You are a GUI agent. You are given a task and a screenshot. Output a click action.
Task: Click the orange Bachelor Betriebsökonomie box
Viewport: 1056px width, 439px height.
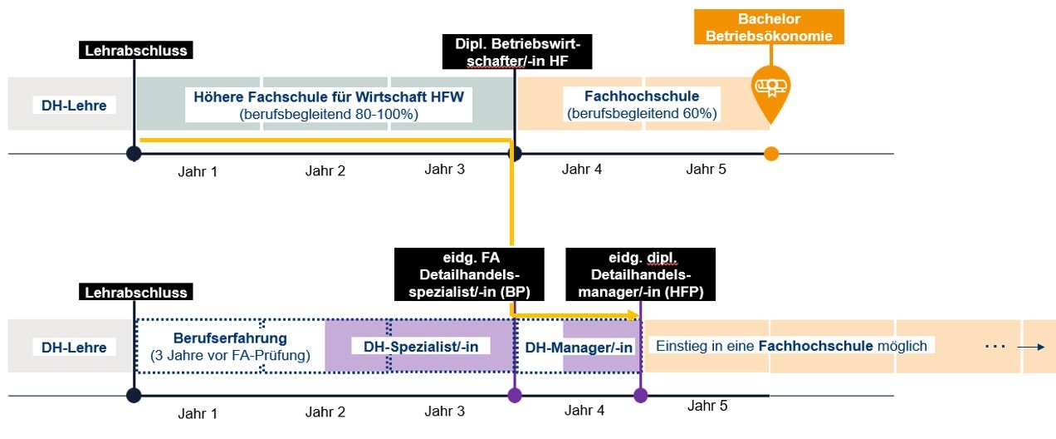coord(772,27)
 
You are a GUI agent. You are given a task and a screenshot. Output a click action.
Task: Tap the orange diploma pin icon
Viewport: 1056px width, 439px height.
coord(771,86)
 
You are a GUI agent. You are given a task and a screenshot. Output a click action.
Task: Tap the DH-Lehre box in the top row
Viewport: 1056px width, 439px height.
coord(74,105)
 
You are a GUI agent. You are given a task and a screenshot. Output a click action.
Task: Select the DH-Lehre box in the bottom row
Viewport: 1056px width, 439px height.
coord(74,347)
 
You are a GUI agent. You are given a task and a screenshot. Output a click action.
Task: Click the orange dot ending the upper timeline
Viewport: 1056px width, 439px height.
coord(771,153)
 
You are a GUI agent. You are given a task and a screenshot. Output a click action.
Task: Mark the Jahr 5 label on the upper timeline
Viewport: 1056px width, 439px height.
coord(706,170)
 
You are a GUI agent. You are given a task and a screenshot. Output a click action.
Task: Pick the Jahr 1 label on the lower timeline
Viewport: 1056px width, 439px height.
coord(198,411)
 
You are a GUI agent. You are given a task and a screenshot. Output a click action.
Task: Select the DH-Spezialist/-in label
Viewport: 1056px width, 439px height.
coord(421,345)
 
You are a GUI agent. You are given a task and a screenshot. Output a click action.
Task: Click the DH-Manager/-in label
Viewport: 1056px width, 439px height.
coord(579,347)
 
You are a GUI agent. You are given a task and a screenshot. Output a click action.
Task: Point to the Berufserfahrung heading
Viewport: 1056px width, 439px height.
coord(230,338)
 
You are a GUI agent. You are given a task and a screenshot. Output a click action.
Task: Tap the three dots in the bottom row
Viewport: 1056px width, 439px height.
coord(995,346)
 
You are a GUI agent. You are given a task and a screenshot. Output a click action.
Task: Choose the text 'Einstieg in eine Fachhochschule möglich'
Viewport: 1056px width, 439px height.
coord(791,345)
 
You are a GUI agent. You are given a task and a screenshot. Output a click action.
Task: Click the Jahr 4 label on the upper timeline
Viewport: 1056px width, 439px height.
coord(581,170)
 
